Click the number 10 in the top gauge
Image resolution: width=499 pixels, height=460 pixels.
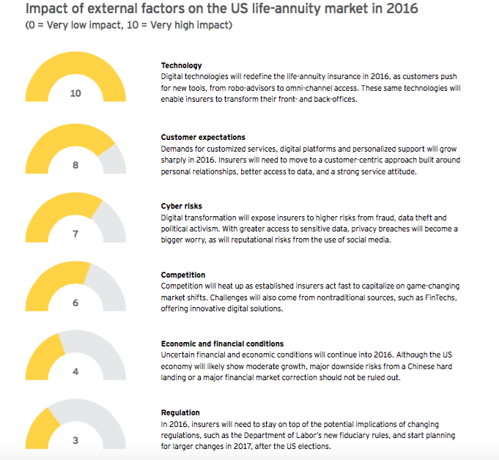click(75, 94)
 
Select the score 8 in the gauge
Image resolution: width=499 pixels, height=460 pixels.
click(75, 165)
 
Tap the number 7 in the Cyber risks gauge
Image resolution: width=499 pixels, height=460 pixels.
click(75, 234)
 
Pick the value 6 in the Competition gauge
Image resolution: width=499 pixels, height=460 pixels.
click(75, 303)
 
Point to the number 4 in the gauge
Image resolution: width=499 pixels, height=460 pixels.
click(75, 371)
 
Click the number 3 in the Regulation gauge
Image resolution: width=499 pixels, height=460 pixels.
click(75, 440)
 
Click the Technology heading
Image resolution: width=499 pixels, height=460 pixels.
click(181, 66)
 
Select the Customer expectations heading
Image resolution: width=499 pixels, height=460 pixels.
click(203, 137)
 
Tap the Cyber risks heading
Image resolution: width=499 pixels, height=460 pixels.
click(181, 207)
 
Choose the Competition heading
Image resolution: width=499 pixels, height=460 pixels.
click(184, 275)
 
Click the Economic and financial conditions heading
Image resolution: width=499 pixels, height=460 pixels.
click(221, 344)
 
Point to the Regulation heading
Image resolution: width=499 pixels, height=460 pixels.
click(180, 413)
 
